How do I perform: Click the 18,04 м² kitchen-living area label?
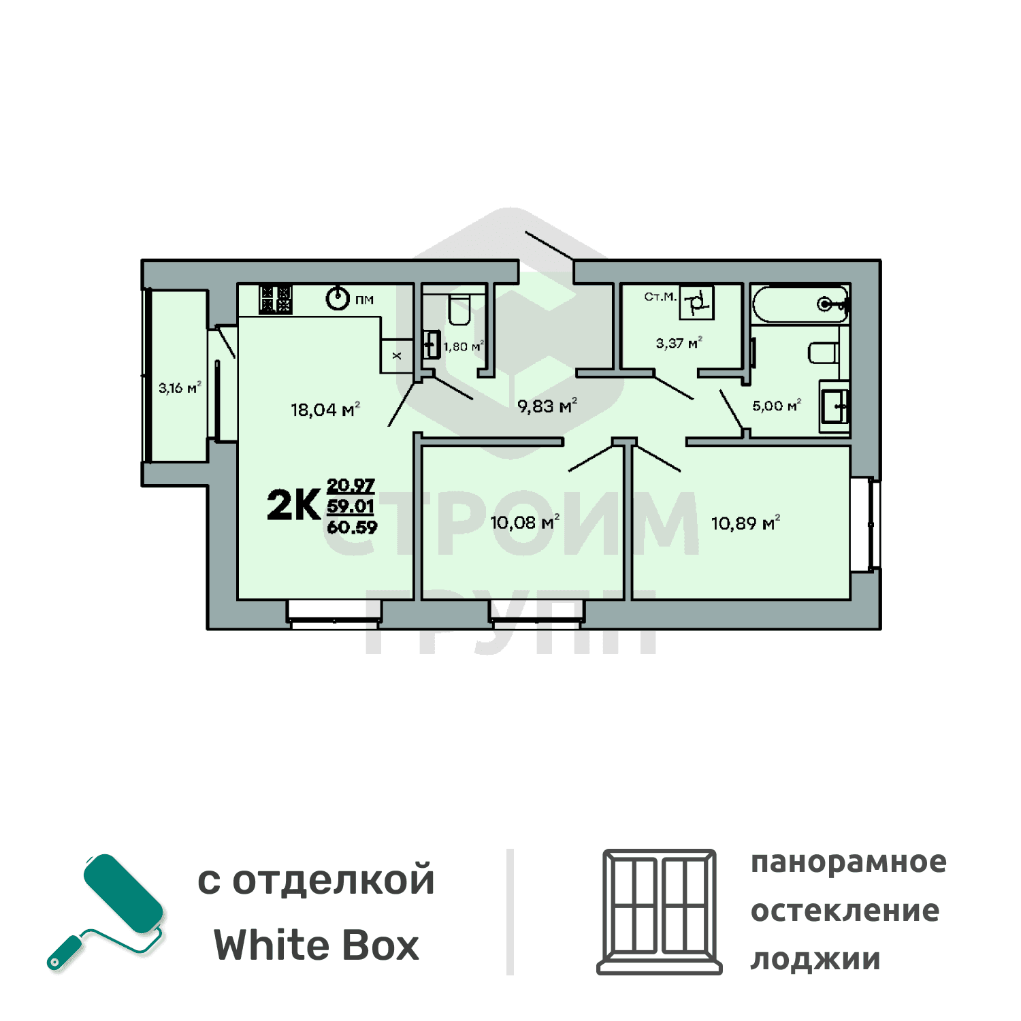coord(325,409)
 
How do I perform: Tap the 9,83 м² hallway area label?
coord(547,406)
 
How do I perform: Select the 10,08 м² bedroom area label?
coord(524,522)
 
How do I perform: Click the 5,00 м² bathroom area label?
coord(776,406)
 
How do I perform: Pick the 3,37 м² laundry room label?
coord(679,343)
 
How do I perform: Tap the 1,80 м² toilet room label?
coord(463,346)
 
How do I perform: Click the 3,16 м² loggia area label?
coord(180,388)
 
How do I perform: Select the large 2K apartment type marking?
coord(293,505)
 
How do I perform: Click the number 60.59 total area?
coord(351,528)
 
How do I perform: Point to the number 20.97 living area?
coord(351,485)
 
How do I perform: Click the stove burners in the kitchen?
coord(276,299)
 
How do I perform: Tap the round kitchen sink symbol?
coord(338,298)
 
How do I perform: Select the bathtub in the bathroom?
coord(800,304)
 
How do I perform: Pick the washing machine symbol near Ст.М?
coord(696,302)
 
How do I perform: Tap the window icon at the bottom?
coord(659,911)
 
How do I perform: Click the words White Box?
coord(317,945)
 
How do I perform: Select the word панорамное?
coord(848,862)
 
